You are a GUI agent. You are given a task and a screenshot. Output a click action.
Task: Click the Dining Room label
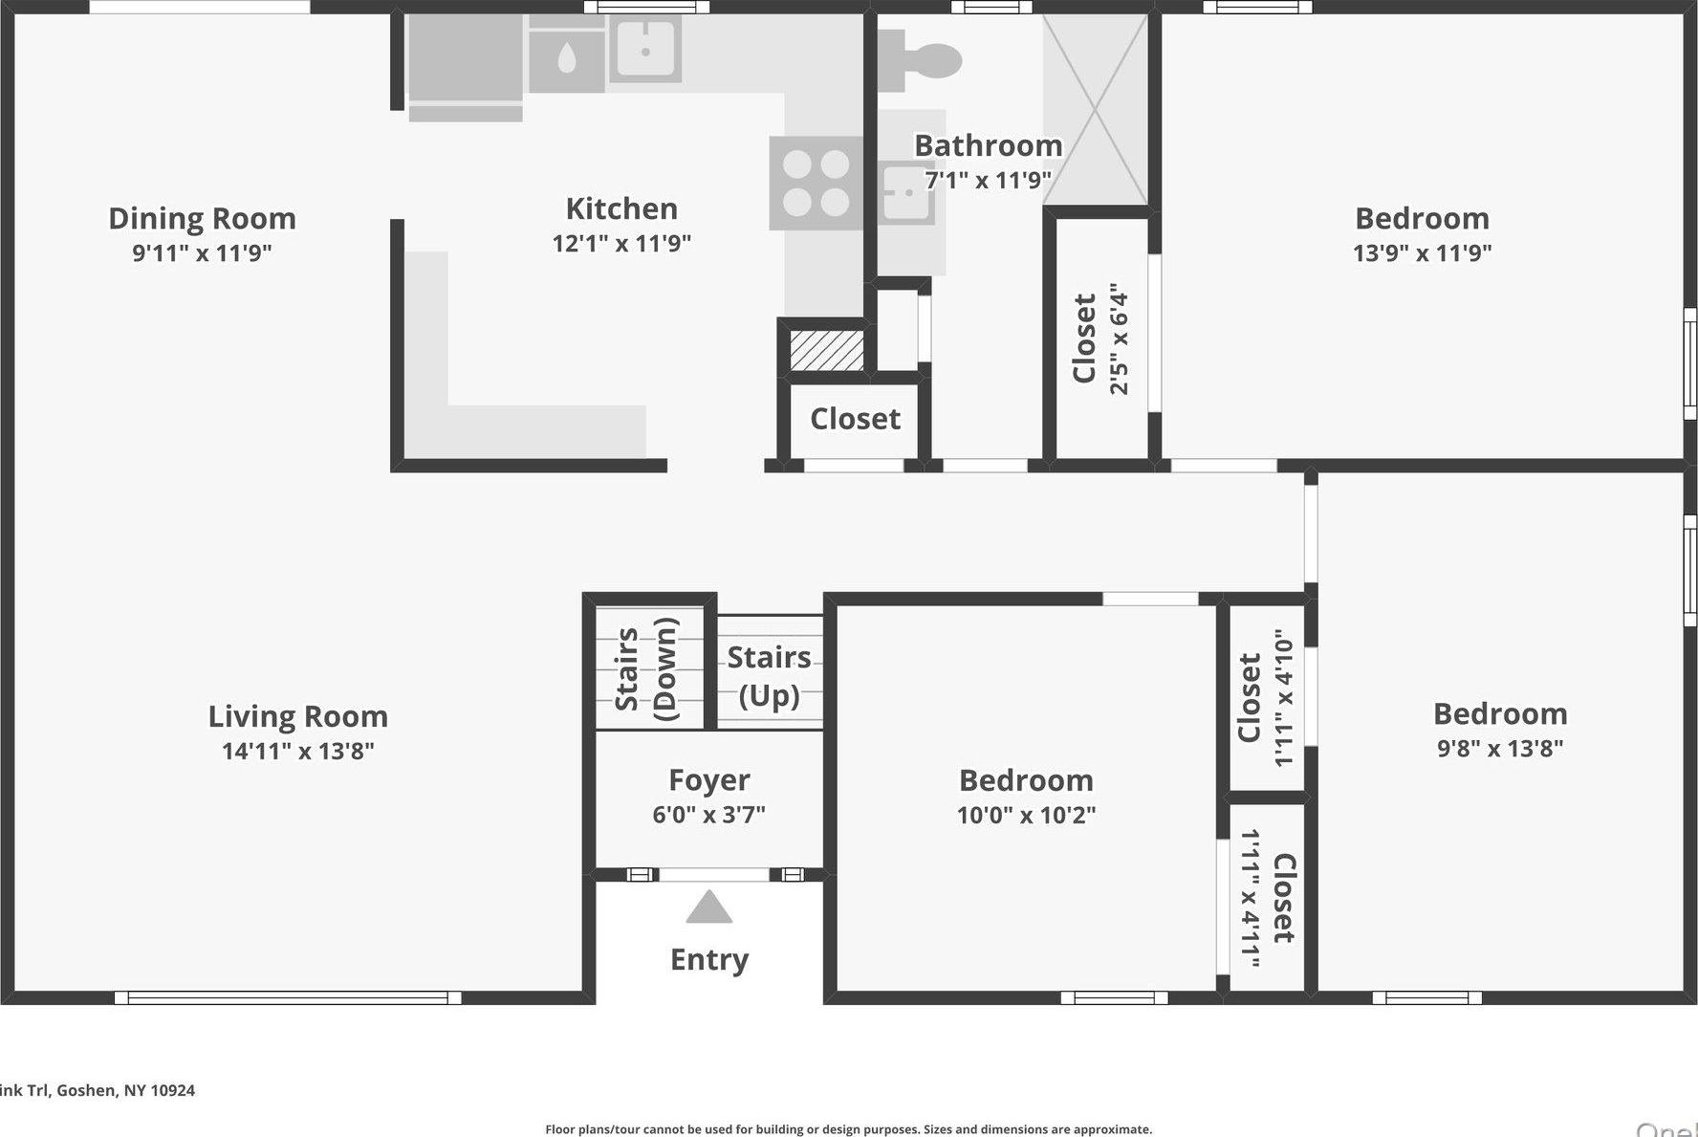point(202,219)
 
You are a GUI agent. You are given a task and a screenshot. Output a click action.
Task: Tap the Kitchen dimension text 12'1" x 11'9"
point(621,243)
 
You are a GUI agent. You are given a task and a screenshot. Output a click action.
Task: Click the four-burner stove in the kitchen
point(816,183)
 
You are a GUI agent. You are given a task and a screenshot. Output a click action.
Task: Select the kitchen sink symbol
point(644,49)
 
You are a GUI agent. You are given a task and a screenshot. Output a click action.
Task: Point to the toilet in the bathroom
point(924,61)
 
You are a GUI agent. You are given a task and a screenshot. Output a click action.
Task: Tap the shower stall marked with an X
point(1095,109)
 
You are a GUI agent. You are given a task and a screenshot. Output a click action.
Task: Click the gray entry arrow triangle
point(708,907)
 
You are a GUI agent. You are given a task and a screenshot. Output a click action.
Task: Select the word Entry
point(708,959)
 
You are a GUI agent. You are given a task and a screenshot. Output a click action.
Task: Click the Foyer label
point(708,780)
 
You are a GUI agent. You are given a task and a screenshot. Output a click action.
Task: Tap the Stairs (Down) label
point(646,669)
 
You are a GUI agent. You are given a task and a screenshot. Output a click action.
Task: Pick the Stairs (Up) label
point(770,676)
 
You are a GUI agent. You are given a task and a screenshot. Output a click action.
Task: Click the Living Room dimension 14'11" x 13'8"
point(297,751)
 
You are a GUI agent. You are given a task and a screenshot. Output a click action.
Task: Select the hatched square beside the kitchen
point(827,350)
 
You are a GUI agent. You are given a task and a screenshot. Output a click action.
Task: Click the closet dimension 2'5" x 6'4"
point(1120,339)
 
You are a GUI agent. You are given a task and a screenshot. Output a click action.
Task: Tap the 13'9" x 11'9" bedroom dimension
point(1422,253)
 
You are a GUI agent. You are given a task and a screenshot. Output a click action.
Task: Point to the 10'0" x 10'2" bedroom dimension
point(1026,816)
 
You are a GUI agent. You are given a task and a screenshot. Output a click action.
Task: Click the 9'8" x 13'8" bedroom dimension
point(1500,748)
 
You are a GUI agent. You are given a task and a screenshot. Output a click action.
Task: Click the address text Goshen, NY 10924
point(124,1090)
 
